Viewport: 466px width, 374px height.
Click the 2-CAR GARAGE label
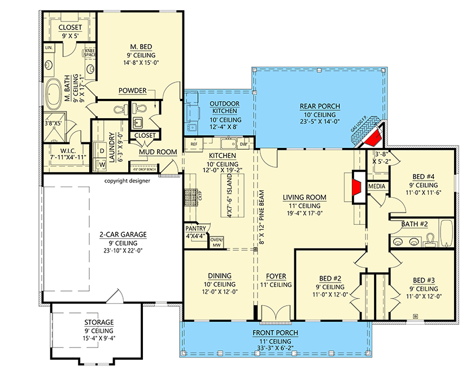click(114, 233)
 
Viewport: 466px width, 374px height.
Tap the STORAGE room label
click(99, 322)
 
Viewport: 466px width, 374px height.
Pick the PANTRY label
click(196, 229)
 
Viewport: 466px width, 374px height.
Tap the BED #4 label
click(423, 176)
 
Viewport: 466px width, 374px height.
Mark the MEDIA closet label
click(376, 186)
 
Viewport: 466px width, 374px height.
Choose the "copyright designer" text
click(127, 181)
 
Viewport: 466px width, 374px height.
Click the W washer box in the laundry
click(102, 164)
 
